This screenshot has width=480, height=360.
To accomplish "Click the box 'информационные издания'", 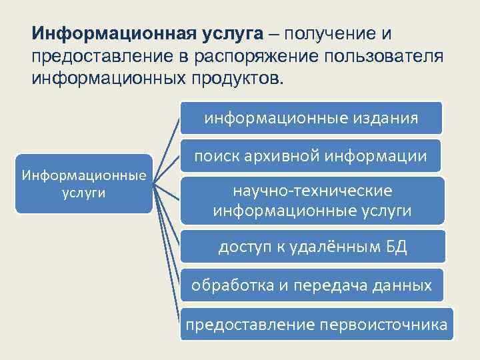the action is [311, 119].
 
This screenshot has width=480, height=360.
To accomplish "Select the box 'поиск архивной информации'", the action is [311, 157].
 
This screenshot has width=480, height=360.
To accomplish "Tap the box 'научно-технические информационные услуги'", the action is [311, 201].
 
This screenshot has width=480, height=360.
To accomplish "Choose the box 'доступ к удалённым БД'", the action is [311, 247].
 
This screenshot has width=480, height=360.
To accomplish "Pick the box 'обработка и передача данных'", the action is [311, 286].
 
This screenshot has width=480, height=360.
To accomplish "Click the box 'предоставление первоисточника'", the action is [317, 325].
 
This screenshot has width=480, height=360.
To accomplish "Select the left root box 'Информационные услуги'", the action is [84, 183].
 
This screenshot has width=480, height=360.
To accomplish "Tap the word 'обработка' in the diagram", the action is [231, 286].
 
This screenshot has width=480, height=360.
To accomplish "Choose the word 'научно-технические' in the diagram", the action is [313, 191].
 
